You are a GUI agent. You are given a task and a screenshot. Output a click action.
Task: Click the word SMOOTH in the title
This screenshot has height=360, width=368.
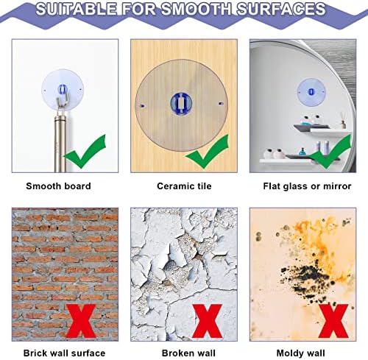196,9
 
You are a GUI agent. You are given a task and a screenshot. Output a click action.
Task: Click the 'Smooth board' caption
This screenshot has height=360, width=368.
58,186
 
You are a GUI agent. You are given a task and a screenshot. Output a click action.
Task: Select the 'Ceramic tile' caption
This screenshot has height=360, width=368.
184,186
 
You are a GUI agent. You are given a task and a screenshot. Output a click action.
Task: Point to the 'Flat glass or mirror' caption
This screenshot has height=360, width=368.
307,186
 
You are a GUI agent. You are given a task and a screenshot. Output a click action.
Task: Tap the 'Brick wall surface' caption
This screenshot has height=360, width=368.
64,353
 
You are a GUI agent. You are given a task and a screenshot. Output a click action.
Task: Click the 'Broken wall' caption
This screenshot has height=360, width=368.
188,353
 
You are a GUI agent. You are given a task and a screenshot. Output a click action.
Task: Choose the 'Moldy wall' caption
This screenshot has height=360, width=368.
300,353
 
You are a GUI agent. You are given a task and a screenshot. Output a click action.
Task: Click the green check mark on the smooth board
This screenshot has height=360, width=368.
85,152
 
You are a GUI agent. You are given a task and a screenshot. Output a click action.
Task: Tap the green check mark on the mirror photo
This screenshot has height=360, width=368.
330,152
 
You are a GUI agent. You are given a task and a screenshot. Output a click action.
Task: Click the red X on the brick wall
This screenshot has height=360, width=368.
81,321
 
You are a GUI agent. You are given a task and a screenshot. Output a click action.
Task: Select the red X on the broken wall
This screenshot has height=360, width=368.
208,321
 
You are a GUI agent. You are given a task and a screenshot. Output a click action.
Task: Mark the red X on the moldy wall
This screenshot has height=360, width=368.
333,321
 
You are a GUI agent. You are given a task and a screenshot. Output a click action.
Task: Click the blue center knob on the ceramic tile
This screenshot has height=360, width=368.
181,102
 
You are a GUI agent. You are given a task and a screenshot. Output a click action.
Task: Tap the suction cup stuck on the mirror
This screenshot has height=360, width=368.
311,92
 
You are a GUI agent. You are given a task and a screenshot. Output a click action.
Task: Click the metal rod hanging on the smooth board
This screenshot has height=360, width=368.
60,142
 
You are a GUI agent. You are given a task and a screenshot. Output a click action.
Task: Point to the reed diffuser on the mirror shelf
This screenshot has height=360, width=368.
343,121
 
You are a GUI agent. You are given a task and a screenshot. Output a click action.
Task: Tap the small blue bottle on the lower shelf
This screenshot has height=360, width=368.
302,152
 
